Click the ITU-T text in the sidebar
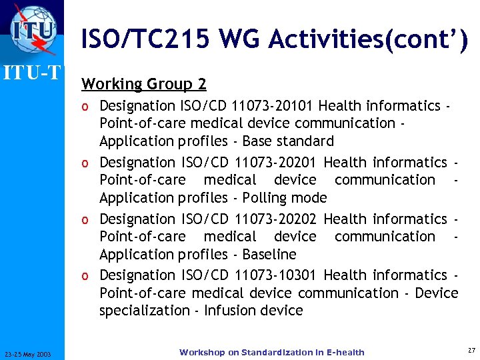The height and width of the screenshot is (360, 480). click(x=34, y=71)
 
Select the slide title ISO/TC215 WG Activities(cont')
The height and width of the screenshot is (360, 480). click(x=274, y=40)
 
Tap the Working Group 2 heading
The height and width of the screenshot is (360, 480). click(x=143, y=84)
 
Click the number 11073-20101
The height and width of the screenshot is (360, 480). click(x=275, y=105)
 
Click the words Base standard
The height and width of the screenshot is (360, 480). click(x=288, y=141)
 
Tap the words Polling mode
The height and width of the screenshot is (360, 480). click(x=285, y=198)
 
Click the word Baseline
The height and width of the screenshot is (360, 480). click(x=269, y=255)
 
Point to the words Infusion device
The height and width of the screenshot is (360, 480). click(x=253, y=311)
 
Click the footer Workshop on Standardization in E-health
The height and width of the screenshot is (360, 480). click(x=271, y=352)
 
